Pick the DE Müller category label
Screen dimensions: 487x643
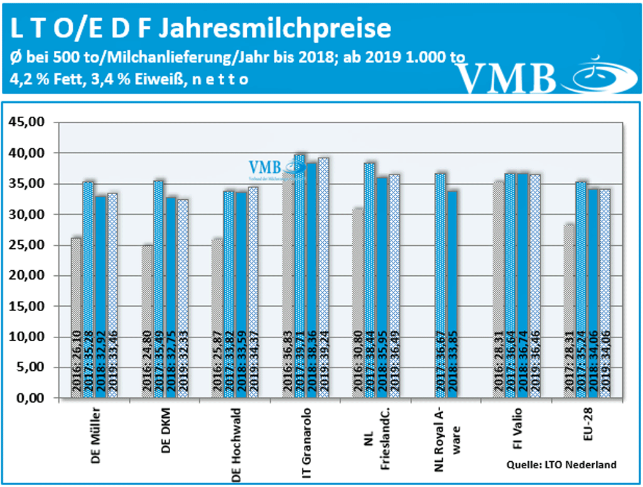pos(93,435)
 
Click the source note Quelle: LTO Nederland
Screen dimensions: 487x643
pos(560,464)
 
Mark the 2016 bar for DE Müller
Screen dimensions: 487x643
pos(76,317)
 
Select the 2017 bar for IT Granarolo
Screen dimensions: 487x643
pos(300,276)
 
